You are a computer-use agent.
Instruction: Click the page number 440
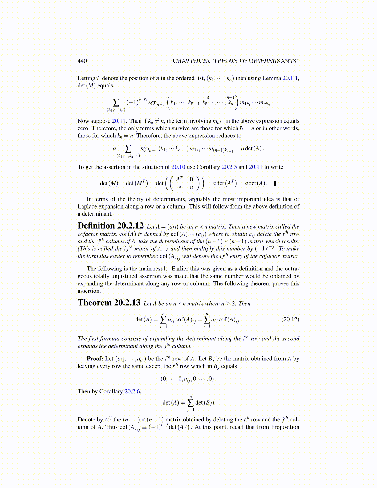click(x=82, y=61)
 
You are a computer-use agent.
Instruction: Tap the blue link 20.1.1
click(x=290, y=78)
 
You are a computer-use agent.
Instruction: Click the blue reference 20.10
click(x=178, y=167)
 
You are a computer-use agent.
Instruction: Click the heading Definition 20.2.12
click(x=110, y=226)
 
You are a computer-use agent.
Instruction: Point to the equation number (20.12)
click(x=290, y=319)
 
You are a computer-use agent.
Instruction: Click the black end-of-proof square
click(x=275, y=184)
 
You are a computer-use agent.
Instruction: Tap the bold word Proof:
click(x=95, y=359)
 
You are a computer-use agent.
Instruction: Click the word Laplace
click(x=87, y=206)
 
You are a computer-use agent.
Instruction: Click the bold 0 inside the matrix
click(x=191, y=179)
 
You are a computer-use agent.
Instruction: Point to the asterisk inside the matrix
click(x=180, y=187)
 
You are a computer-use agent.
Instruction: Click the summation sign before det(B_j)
click(x=191, y=402)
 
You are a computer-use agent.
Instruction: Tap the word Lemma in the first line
click(x=271, y=78)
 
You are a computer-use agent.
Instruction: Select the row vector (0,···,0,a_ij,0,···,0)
click(x=188, y=379)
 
